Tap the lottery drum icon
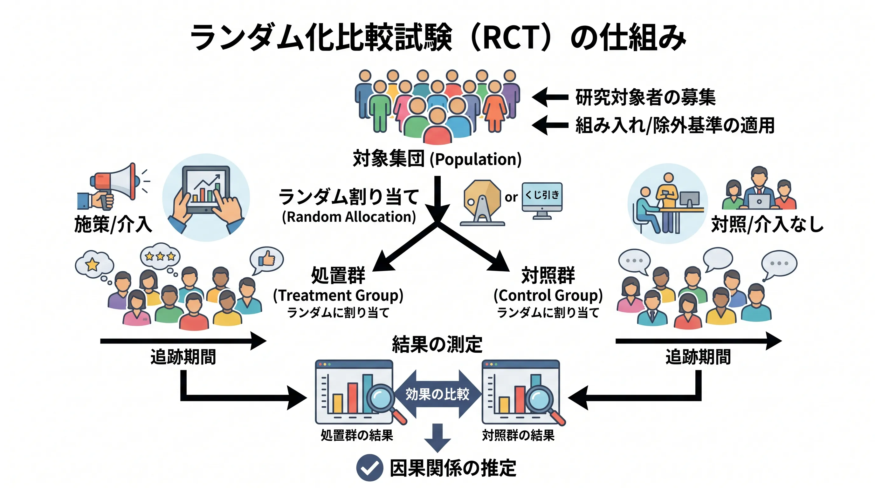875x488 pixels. [482, 203]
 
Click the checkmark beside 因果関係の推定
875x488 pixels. [369, 468]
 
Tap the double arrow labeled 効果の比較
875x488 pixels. [437, 394]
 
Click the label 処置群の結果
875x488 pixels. [357, 435]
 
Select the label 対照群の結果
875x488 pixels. [518, 435]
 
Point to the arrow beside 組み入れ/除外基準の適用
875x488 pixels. [550, 125]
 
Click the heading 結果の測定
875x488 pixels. [437, 344]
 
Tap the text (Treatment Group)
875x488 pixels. [338, 295]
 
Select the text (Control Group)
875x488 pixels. [548, 295]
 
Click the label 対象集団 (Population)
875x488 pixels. [437, 159]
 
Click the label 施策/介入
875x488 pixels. [113, 224]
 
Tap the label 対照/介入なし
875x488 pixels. [767, 224]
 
